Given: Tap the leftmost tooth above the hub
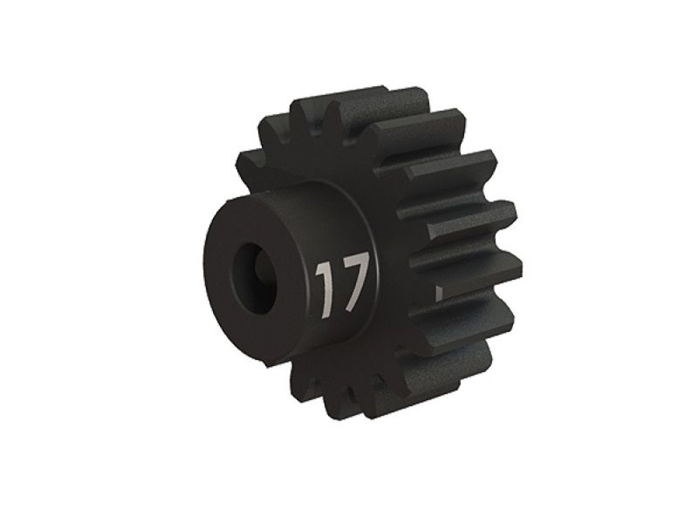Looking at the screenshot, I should (262, 166).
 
